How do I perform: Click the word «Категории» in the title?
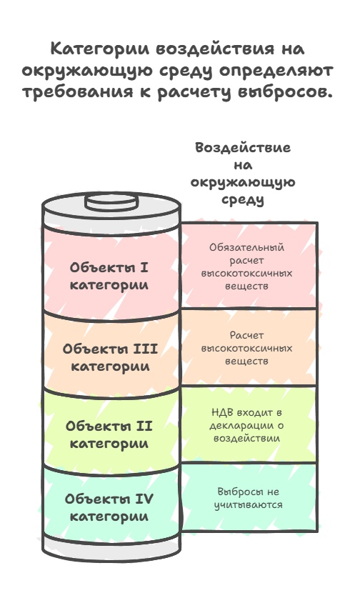(101, 49)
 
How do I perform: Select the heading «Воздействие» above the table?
(243, 148)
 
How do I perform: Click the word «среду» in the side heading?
(243, 199)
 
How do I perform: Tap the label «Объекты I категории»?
(109, 276)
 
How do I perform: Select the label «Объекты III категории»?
(110, 357)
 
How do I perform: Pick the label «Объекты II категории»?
(109, 434)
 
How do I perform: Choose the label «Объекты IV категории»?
(109, 507)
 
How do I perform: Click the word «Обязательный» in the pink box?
(246, 247)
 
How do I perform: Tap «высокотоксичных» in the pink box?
(246, 273)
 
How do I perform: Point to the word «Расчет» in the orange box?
(246, 335)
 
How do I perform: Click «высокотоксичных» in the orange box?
(246, 348)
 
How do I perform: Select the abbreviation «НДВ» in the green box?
(223, 412)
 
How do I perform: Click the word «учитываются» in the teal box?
(248, 504)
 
